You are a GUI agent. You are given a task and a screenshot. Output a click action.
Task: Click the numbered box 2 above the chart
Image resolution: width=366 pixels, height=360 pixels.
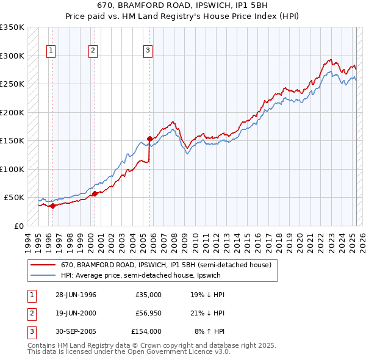click(x=93, y=51)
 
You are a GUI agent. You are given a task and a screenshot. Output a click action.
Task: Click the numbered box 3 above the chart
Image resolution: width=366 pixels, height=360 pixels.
click(x=148, y=51)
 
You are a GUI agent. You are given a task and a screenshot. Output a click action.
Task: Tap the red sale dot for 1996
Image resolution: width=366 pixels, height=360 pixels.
click(x=53, y=206)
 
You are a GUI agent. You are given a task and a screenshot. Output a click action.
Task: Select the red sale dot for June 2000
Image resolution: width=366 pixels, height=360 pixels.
click(x=95, y=193)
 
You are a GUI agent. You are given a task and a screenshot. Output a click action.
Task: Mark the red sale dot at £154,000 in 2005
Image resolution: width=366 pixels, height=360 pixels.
click(x=150, y=139)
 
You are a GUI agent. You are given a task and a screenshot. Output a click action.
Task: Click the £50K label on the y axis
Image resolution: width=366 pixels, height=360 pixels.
click(x=14, y=198)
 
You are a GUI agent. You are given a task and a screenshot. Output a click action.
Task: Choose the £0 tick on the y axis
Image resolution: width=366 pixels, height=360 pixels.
click(x=19, y=226)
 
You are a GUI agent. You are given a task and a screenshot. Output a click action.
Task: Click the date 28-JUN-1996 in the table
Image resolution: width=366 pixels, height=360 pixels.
click(x=76, y=295)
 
